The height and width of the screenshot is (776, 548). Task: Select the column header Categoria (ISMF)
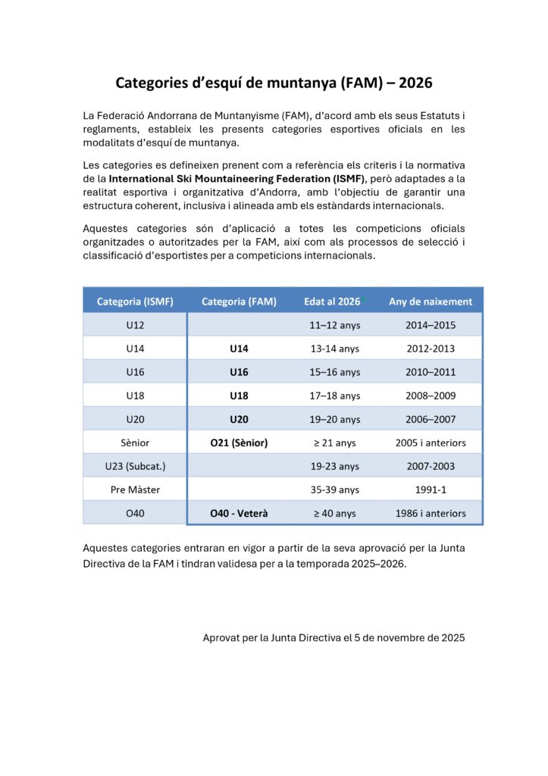tap(135, 301)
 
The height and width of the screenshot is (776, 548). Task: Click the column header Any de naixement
tap(430, 301)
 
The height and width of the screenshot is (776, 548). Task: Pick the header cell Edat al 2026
tap(332, 301)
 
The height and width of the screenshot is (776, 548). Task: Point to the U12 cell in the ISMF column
tap(135, 325)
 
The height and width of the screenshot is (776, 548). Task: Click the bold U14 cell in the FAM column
tap(239, 349)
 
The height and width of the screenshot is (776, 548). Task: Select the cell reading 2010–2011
tap(430, 372)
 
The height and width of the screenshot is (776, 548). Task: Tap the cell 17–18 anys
tap(335, 396)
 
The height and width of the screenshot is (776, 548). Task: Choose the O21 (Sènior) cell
tap(239, 443)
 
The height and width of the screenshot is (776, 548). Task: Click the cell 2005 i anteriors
tap(431, 443)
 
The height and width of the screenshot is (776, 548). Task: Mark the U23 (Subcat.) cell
tap(135, 466)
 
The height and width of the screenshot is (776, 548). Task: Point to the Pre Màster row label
tap(135, 490)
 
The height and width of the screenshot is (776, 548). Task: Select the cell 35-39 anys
tap(335, 490)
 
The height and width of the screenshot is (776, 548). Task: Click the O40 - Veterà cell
tap(239, 513)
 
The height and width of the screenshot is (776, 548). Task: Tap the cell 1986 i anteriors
tap(431, 513)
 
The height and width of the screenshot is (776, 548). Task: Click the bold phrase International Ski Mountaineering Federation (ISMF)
tap(236, 178)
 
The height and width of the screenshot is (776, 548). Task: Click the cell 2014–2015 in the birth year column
tap(430, 325)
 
